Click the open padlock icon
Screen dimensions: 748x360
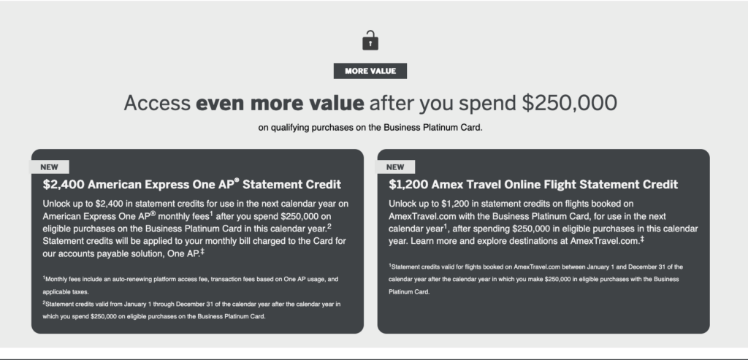pos(370,41)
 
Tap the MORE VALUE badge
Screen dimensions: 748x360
pos(370,71)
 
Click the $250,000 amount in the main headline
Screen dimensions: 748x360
pos(570,103)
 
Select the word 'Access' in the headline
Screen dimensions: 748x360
pos(158,103)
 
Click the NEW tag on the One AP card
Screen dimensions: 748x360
pos(49,167)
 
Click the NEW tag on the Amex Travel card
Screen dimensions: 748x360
pos(395,167)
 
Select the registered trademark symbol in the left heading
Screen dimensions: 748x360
pos(237,180)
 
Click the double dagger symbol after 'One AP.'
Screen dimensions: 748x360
pos(202,250)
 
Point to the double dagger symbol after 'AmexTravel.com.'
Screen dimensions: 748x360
pos(642,238)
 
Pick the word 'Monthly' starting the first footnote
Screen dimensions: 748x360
pos(56,279)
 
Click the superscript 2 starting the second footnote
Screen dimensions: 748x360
pos(44,302)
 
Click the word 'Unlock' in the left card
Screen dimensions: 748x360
pos(56,204)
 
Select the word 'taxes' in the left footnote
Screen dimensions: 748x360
pos(80,292)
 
